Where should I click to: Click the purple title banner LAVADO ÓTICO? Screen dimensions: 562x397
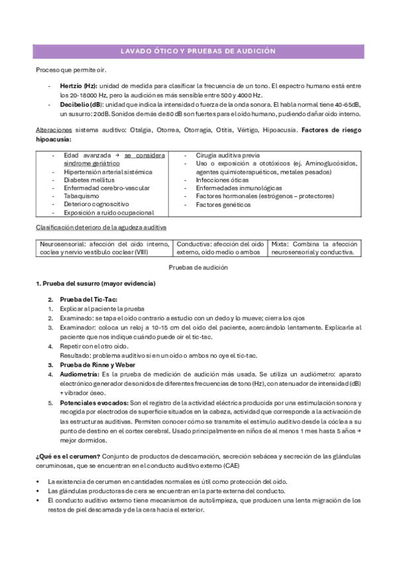tap(198, 52)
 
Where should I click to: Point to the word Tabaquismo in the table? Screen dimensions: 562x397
tap(82, 196)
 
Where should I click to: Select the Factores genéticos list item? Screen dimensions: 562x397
tap(223, 205)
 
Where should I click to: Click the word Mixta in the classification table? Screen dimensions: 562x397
tap(280, 244)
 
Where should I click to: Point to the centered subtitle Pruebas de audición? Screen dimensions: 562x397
tap(198, 266)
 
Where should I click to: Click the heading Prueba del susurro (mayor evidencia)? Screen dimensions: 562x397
tap(95, 284)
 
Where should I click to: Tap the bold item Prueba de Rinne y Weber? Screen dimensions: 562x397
tap(98, 365)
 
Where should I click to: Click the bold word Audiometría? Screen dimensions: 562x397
tap(80, 374)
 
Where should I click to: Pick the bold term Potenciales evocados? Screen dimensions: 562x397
tap(94, 403)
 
